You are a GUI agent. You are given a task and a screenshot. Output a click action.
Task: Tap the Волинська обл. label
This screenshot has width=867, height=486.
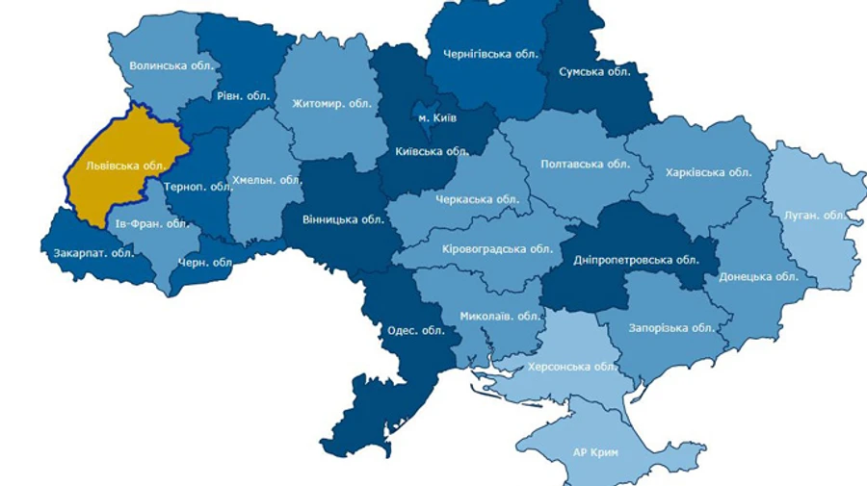(x=173, y=66)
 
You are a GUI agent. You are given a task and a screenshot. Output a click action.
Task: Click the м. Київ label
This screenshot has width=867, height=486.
(x=437, y=117)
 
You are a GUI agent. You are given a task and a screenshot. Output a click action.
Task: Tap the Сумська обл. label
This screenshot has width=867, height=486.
(x=595, y=71)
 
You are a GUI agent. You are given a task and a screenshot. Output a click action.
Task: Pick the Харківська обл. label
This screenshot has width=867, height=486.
(x=708, y=172)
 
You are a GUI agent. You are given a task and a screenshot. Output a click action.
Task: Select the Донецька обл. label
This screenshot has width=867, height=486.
(x=758, y=276)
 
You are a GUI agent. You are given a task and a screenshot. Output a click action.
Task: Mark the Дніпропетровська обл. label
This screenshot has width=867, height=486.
(x=636, y=260)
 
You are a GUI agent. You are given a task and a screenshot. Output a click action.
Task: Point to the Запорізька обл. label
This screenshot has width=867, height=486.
(x=670, y=327)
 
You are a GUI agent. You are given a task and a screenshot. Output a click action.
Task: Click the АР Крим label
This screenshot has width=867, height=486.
(x=595, y=452)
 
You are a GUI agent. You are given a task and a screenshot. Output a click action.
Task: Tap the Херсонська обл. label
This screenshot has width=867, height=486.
(x=571, y=367)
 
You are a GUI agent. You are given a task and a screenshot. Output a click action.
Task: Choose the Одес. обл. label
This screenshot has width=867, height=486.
(x=415, y=330)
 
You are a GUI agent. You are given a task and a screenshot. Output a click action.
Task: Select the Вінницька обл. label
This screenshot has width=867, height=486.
(x=343, y=218)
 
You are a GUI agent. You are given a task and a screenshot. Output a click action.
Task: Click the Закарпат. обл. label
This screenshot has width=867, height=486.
(x=93, y=253)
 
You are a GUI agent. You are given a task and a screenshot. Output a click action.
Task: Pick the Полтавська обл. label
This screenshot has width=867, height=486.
(x=585, y=164)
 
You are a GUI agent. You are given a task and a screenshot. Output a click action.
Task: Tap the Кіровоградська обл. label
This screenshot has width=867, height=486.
(x=484, y=248)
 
